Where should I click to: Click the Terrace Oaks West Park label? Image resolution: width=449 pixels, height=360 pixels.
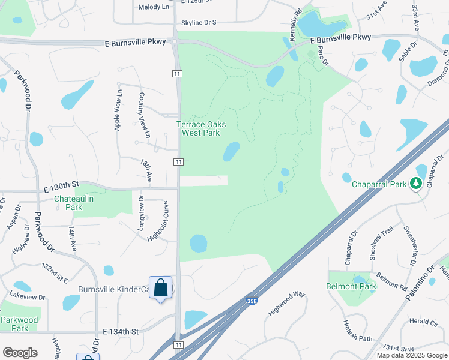click(x=201, y=128)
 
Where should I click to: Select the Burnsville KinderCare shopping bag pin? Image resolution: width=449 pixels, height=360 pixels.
click(x=161, y=288)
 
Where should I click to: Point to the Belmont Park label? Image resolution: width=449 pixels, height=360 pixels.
click(x=351, y=286)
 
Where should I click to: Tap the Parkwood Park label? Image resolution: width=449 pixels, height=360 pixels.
click(x=19, y=324)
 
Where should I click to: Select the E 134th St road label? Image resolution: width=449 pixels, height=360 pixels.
click(x=121, y=331)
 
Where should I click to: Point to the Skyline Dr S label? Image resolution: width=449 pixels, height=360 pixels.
click(x=199, y=23)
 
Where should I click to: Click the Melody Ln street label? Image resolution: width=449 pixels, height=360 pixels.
click(x=154, y=7)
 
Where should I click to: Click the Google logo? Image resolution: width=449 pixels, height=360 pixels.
click(x=20, y=352)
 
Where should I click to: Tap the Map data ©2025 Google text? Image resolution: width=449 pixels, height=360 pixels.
click(x=412, y=355)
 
